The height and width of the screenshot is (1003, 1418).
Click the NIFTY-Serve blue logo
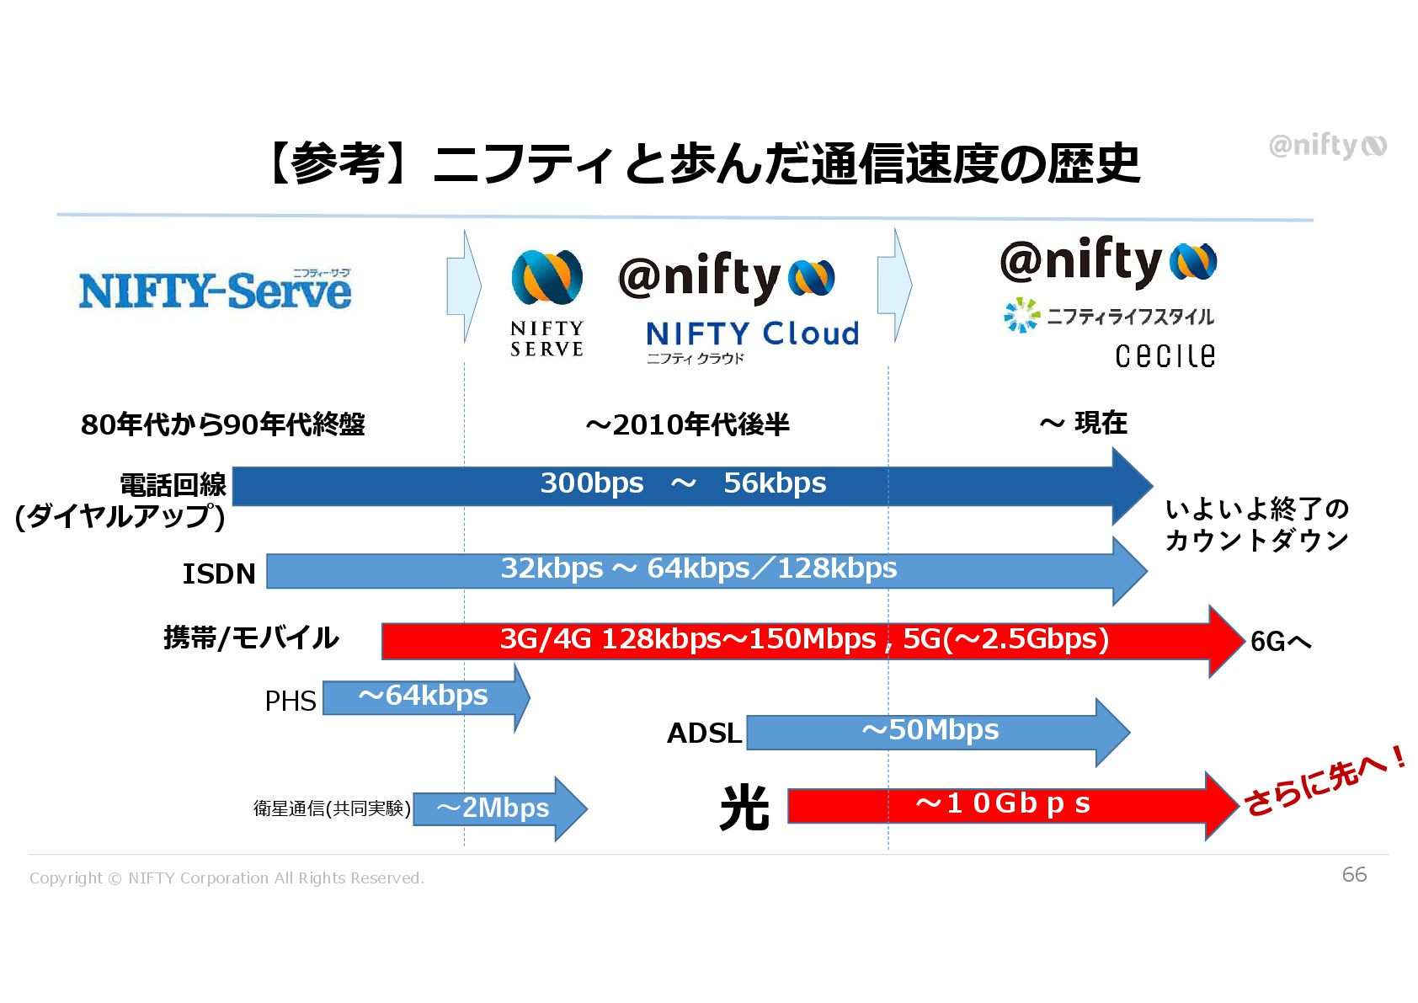tap(215, 291)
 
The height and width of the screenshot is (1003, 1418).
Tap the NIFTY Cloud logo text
tap(752, 334)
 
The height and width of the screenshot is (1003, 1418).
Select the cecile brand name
tap(1165, 355)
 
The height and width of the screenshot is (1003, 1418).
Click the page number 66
tap(1354, 874)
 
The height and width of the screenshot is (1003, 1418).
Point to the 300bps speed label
tap(591, 483)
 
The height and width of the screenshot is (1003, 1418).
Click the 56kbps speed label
tap(775, 483)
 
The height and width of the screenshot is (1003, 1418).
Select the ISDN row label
tap(219, 574)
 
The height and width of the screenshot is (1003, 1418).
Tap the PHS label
tap(291, 701)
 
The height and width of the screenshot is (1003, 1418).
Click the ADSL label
tap(704, 734)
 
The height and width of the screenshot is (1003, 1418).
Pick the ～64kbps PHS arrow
tap(425, 697)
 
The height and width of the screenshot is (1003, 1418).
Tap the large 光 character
tap(744, 808)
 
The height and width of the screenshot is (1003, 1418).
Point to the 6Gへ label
tap(1281, 642)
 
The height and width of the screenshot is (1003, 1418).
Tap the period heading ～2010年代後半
tap(687, 424)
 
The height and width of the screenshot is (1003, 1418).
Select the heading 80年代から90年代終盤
tap(223, 424)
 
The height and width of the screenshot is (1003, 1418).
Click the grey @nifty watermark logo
tap(1327, 146)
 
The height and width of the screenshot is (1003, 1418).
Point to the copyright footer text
tap(227, 878)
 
